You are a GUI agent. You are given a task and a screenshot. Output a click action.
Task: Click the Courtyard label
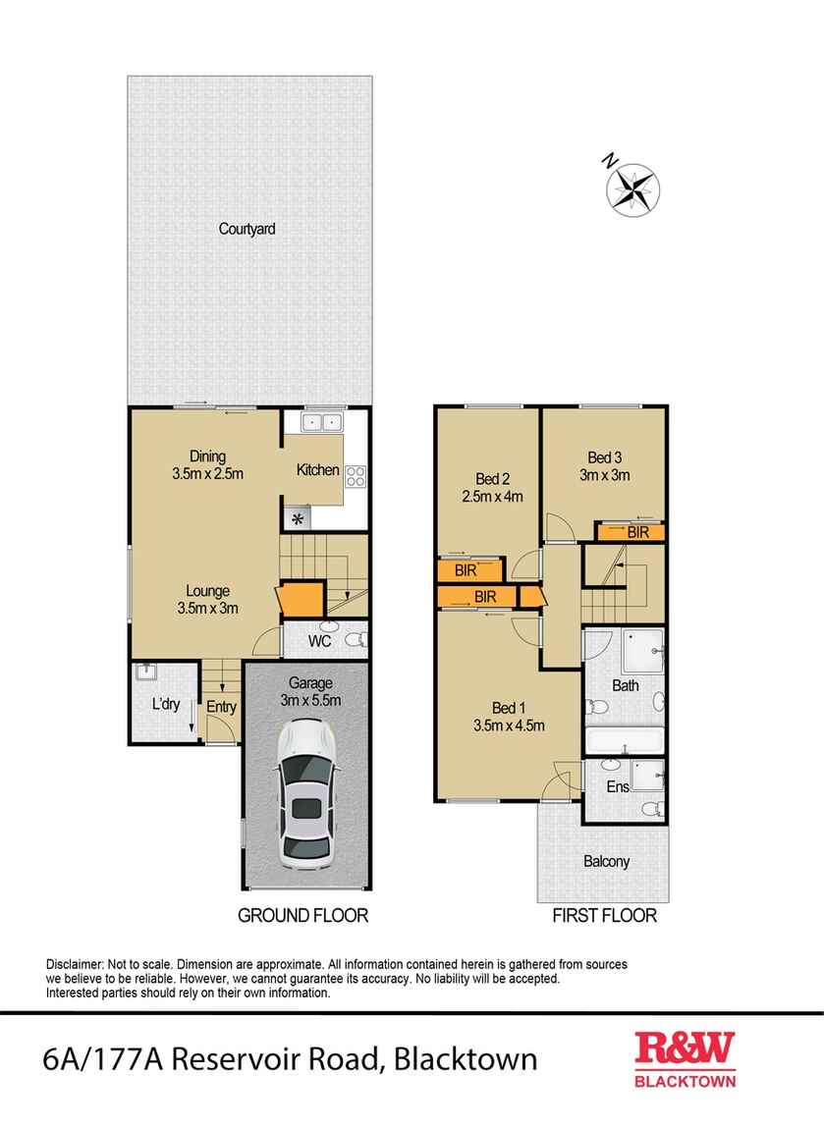pos(247,229)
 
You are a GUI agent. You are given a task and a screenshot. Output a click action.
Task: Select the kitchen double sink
pos(321,423)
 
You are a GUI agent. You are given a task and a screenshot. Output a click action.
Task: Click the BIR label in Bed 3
pos(637,532)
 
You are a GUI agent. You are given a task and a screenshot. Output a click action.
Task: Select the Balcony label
pos(606,861)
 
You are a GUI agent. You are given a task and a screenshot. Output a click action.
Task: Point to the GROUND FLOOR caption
pos(303,916)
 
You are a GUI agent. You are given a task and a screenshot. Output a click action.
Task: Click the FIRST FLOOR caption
pos(604,916)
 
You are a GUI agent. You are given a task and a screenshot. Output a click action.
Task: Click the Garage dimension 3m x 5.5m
pos(308,700)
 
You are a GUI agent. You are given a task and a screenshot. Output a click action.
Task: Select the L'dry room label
pos(164,704)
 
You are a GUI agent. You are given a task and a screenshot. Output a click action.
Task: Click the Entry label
pos(219,706)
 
